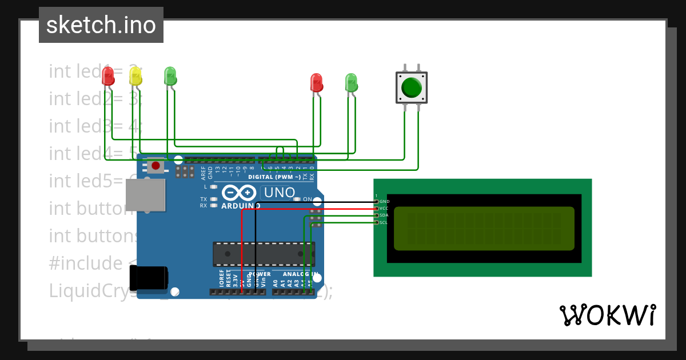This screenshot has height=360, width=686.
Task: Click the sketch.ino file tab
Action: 101,25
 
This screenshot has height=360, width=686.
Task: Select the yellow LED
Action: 135,77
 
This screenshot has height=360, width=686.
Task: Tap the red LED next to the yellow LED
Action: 108,77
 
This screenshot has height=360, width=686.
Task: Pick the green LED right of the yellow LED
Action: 170,77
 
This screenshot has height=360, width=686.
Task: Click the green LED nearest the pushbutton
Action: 351,83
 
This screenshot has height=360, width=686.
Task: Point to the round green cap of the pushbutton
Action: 412,87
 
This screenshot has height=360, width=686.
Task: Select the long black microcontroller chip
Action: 263,254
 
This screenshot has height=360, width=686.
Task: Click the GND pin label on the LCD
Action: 384,202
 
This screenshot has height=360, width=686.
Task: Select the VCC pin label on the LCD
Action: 384,209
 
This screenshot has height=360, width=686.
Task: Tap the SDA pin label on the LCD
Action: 384,215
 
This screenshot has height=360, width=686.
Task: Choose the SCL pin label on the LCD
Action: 384,222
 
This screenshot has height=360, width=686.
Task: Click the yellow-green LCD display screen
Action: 484,229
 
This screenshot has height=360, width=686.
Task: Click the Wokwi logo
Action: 607,315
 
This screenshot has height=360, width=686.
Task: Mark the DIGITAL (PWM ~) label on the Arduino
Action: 274,177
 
